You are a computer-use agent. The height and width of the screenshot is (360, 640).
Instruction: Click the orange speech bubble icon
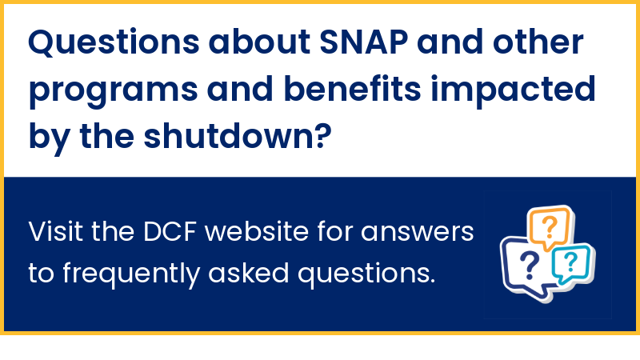(x=548, y=225)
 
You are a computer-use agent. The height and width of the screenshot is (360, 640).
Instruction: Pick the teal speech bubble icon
(x=570, y=261)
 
